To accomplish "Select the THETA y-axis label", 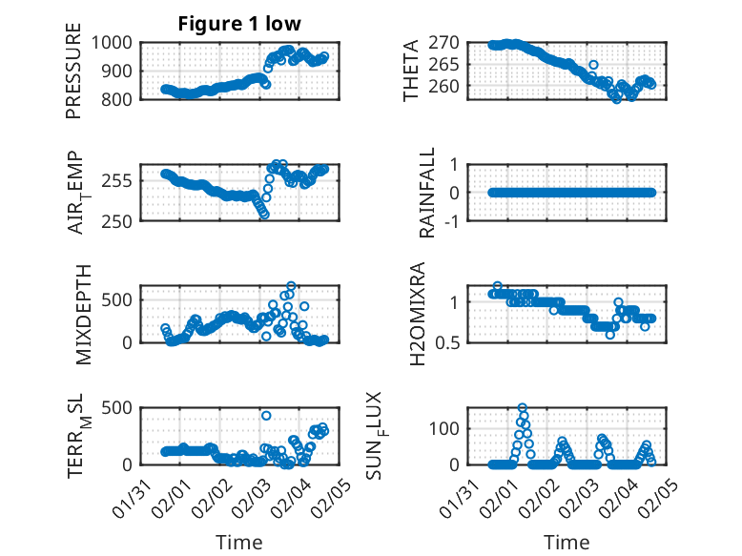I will tap(411, 71).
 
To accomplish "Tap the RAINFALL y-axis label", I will tap(428, 193).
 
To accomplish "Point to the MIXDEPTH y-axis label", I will tap(83, 314).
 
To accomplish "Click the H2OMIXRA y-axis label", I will tap(418, 314).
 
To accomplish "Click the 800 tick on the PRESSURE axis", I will tap(118, 99).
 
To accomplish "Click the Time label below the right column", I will tap(567, 542).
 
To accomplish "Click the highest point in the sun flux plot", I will tap(522, 407).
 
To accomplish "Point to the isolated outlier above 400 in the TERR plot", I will tap(266, 416).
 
